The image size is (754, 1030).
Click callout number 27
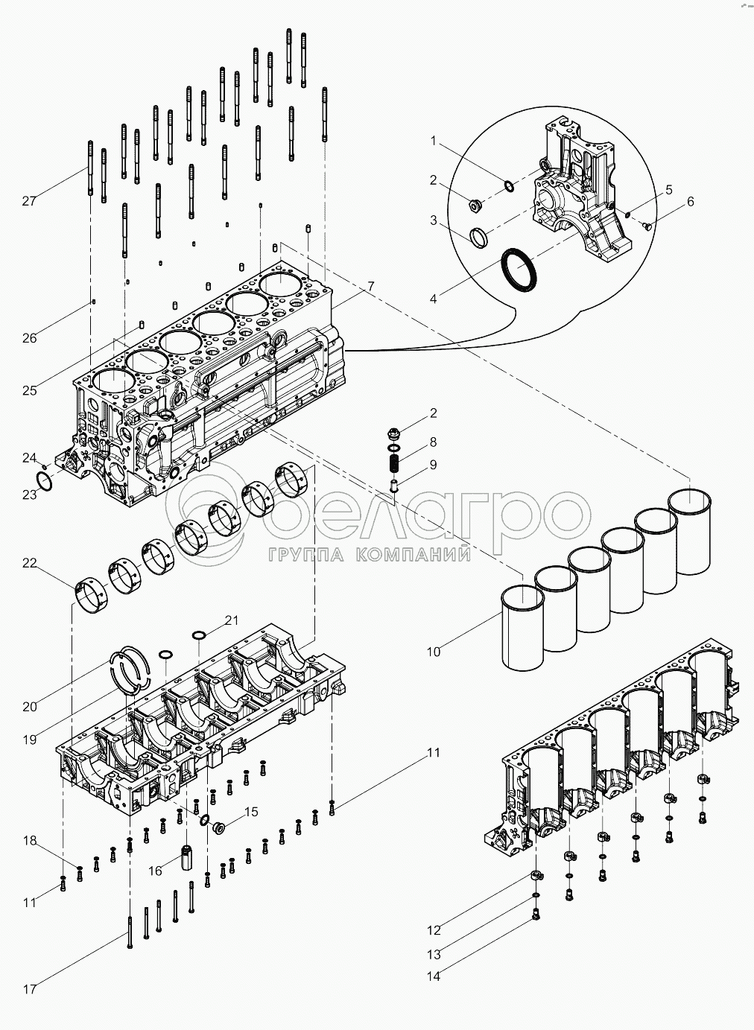[x=29, y=201]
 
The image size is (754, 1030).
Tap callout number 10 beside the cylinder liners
[x=434, y=652]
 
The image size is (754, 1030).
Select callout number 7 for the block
[x=371, y=287]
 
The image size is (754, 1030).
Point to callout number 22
[x=30, y=563]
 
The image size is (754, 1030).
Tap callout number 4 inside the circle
[x=434, y=299]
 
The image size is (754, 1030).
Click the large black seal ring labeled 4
[x=519, y=270]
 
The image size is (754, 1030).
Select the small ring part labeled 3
[x=479, y=238]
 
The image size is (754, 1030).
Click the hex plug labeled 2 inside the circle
[x=475, y=205]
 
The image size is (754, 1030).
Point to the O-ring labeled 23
[x=45, y=481]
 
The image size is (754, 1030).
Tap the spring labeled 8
[x=395, y=462]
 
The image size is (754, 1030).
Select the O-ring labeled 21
[x=199, y=635]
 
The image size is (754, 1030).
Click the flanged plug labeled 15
[x=218, y=827]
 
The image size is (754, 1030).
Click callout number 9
[x=433, y=465]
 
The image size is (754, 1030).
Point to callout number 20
[x=30, y=706]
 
